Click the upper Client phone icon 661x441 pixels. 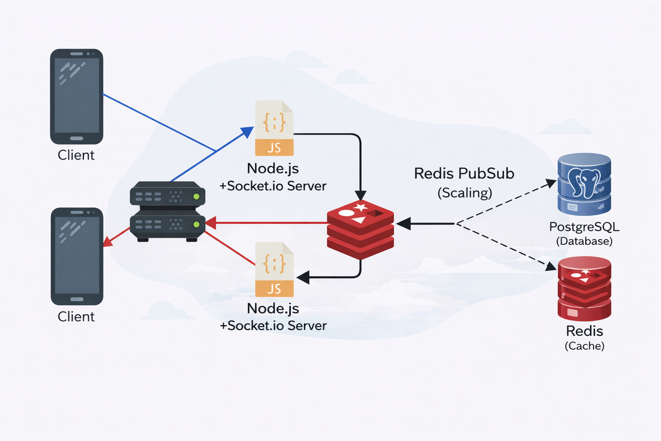77,96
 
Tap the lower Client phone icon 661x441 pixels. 77,256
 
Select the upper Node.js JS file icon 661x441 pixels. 274,128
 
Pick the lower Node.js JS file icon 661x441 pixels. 274,269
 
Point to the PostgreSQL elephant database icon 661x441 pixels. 584,184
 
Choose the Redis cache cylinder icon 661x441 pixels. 584,288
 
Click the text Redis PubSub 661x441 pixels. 464,174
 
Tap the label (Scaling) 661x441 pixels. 464,193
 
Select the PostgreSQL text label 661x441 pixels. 584,227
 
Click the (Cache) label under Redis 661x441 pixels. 584,346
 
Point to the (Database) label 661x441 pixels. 584,241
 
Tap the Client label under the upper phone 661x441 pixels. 76,155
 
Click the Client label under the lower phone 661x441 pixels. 76,317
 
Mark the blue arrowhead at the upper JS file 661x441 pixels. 247,131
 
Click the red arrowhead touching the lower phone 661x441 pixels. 108,242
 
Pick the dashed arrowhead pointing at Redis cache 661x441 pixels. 551,267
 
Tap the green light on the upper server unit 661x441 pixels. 196,197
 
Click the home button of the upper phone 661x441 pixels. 77,139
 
